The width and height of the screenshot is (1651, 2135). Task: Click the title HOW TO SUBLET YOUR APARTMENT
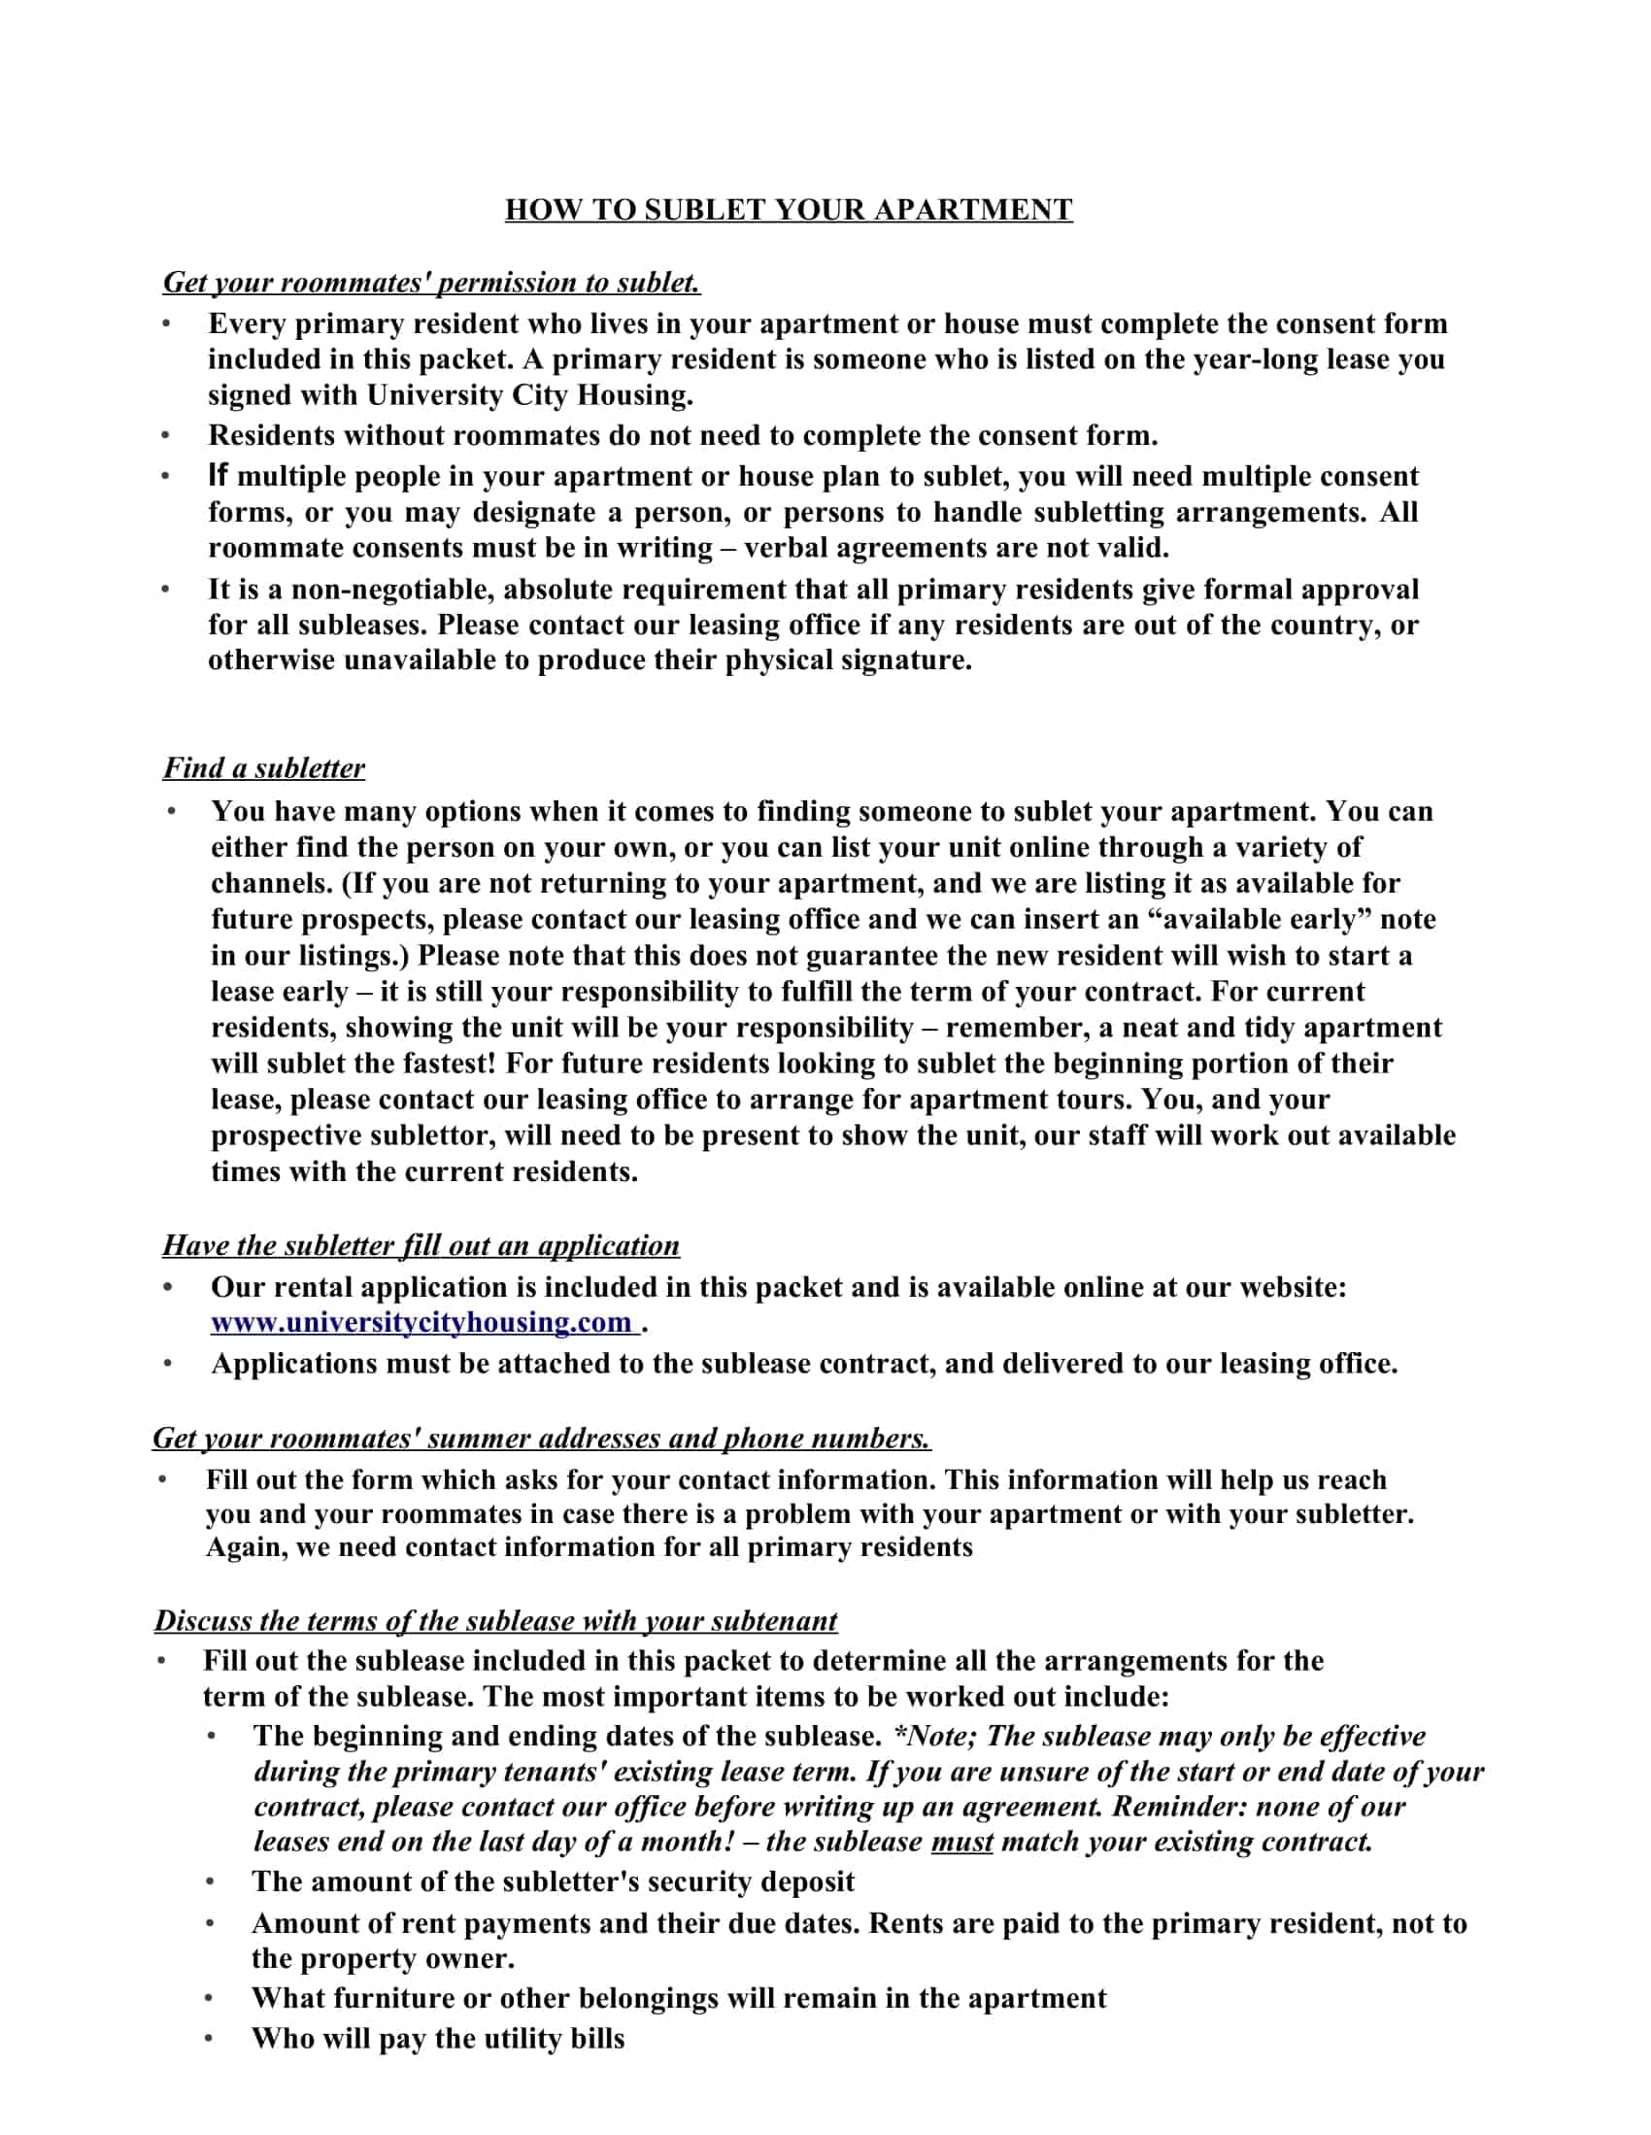[788, 209]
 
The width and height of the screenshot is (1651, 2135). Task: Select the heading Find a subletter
[264, 767]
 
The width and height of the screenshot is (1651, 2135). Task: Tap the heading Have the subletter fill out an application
[421, 1244]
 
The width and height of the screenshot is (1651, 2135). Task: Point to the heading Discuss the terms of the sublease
[495, 1620]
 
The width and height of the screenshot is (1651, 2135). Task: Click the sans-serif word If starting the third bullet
[217, 476]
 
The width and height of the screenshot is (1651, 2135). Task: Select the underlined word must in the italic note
[961, 1842]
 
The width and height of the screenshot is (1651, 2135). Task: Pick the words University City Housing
[529, 395]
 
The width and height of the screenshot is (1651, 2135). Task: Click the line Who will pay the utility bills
[437, 2038]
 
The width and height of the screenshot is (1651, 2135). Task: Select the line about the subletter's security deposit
[553, 1881]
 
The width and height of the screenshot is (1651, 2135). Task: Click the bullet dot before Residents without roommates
[166, 435]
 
